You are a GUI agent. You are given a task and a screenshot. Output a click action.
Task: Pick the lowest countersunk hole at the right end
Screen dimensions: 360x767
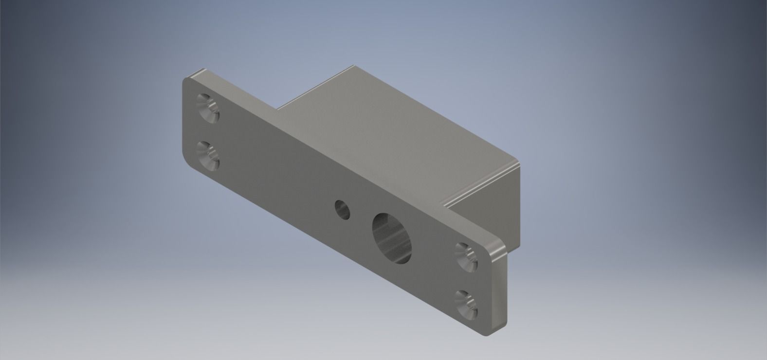(x=466, y=304)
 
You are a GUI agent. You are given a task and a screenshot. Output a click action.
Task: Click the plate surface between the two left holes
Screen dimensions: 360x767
(x=208, y=133)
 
